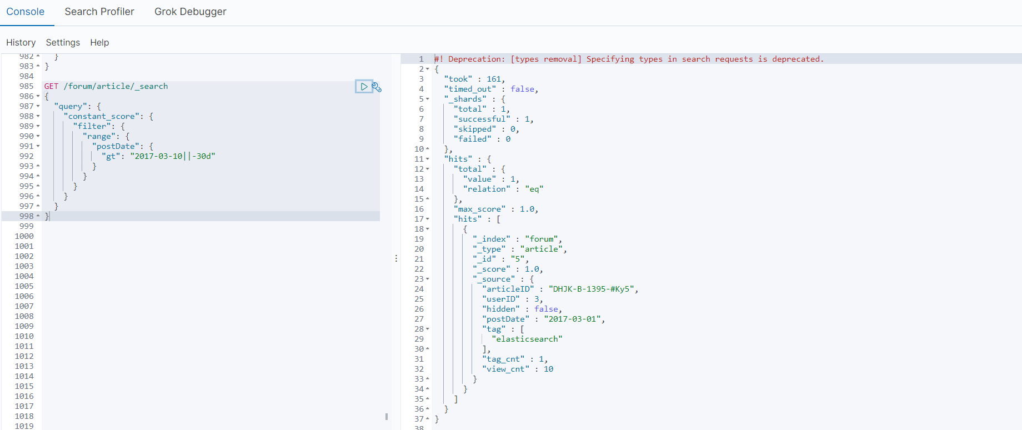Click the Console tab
(x=25, y=12)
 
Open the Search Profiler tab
(x=99, y=12)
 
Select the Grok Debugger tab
(x=190, y=12)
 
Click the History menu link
(x=21, y=42)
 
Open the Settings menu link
(x=63, y=42)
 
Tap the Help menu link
(x=99, y=42)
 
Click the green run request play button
(x=364, y=87)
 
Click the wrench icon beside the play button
(x=377, y=87)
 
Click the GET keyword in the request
(x=51, y=86)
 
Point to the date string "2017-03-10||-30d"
(x=173, y=156)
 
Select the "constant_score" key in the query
(x=102, y=116)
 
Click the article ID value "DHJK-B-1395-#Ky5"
(x=593, y=289)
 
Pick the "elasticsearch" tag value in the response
(x=527, y=339)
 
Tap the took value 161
(x=494, y=79)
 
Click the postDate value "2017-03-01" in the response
(x=573, y=319)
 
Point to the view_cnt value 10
(x=548, y=369)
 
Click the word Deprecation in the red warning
(x=477, y=59)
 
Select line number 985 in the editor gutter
(x=26, y=86)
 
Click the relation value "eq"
(x=534, y=189)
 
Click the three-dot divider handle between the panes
(x=396, y=258)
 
